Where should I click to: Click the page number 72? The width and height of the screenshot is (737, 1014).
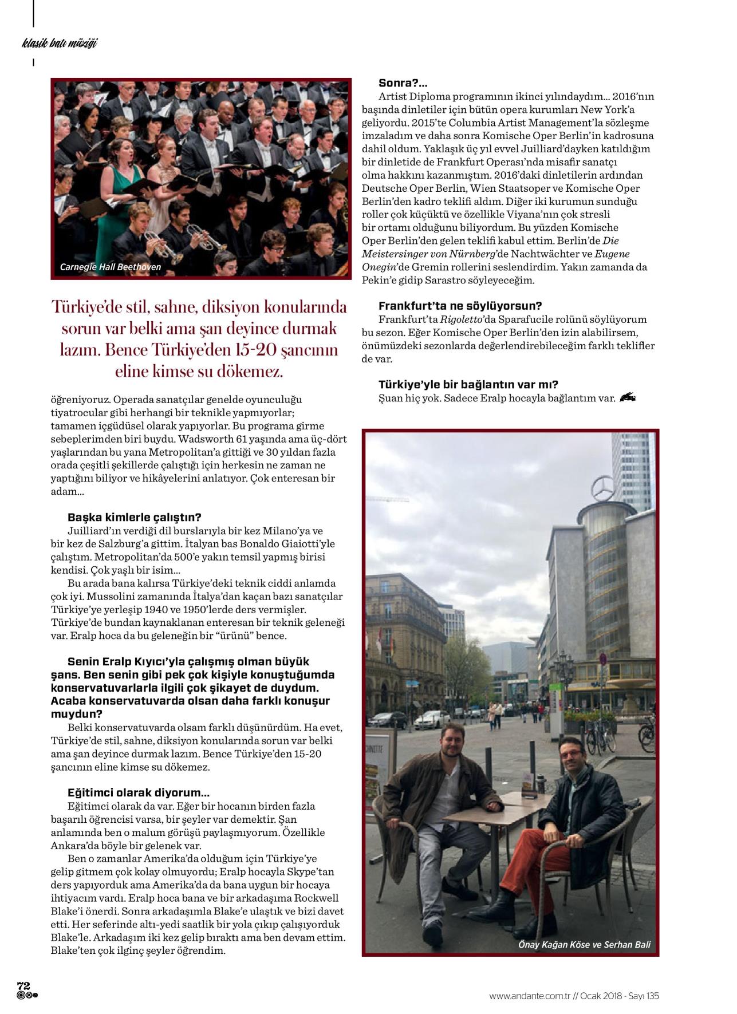click(24, 985)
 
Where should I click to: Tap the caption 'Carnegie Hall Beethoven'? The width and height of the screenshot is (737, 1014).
click(111, 267)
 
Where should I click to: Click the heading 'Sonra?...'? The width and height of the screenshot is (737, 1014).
click(403, 84)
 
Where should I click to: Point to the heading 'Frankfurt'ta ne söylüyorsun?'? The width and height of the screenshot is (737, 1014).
click(460, 306)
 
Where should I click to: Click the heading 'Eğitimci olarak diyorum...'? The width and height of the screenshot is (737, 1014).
click(139, 793)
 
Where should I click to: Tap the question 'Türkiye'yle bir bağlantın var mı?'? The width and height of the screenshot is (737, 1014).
click(468, 384)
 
